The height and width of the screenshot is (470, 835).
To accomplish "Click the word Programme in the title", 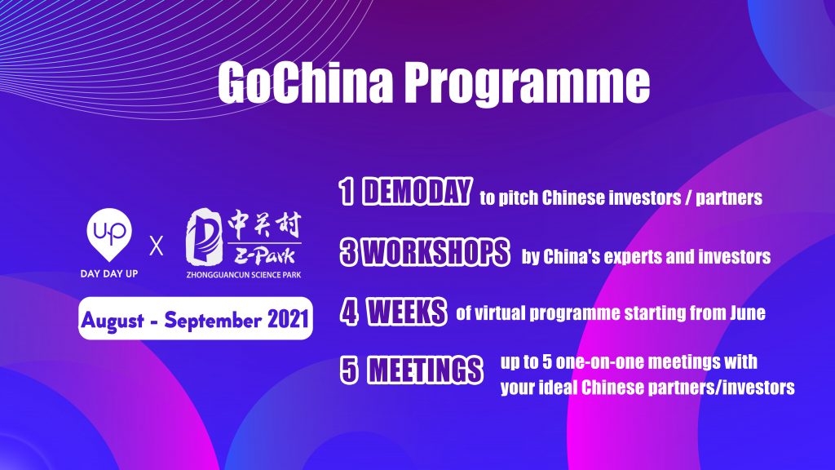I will (523, 83).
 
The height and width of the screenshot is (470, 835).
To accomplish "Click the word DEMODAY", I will (417, 194).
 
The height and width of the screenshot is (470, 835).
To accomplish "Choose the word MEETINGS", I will (424, 372).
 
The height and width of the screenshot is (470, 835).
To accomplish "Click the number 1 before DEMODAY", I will (346, 195).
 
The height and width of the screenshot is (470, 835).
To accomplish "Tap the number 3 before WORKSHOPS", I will (347, 254).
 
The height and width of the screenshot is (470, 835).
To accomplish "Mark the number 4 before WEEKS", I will (349, 313).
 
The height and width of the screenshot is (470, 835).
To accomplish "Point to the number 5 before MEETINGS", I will (347, 372).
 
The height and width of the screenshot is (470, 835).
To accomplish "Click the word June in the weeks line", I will (745, 314).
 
